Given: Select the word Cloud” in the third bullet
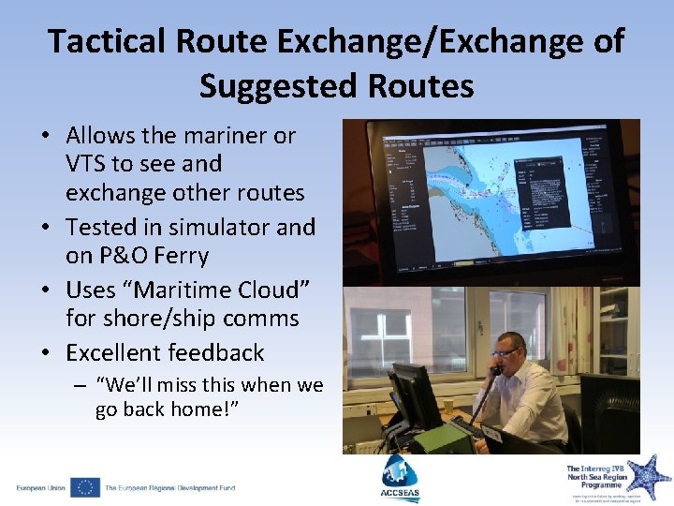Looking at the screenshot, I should [x=266, y=289].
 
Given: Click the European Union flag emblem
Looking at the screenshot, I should [x=84, y=487].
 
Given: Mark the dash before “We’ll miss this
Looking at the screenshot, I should [x=81, y=386].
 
